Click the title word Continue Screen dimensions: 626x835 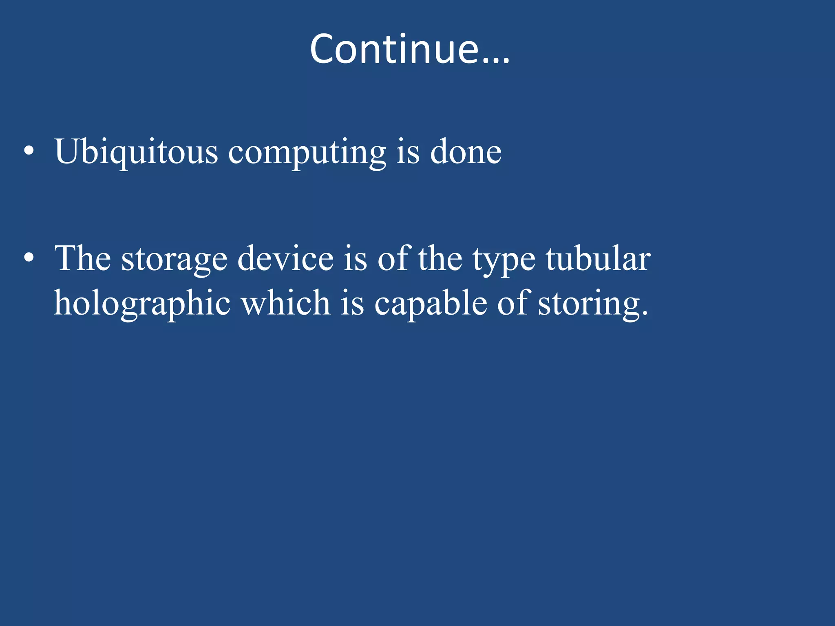click(394, 49)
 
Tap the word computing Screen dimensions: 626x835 click(307, 153)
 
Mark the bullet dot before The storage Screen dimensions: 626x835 click(29, 258)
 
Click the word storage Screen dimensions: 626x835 click(174, 260)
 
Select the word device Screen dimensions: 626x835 click(285, 258)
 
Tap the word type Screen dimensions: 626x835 click(504, 260)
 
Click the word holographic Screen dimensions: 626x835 click(142, 304)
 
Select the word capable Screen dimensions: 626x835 click(431, 304)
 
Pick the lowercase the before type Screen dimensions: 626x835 click(440, 258)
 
